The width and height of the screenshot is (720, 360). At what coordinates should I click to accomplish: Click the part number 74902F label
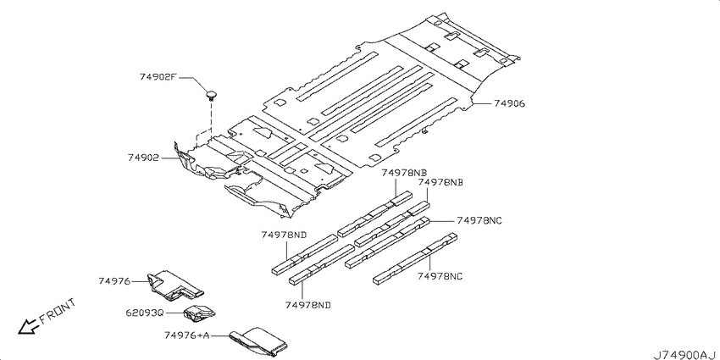pos(158,77)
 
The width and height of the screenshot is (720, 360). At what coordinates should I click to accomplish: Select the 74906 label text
pos(509,104)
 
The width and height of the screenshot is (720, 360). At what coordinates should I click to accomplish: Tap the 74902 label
pos(143,158)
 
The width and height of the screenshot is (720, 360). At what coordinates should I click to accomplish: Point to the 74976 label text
pos(114,281)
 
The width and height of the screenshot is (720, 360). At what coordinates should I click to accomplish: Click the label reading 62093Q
pos(145,313)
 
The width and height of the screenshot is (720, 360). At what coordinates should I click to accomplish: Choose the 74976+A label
pos(187,335)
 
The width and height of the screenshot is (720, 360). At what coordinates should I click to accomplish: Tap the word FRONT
pos(58,311)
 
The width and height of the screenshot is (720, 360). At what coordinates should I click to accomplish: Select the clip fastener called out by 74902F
pos(211,96)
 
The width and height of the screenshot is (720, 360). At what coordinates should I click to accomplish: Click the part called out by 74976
pos(174,285)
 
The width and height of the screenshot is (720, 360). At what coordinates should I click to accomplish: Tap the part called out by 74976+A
pos(258,341)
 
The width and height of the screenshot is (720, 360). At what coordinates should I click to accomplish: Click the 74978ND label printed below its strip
pos(308,305)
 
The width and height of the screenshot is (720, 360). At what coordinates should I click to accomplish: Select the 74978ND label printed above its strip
pos(284,235)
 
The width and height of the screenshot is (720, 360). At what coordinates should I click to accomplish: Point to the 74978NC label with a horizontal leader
pos(479,220)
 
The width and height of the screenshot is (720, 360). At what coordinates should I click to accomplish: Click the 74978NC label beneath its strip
pos(440,276)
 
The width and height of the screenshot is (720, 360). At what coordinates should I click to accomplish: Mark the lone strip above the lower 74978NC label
pos(415,259)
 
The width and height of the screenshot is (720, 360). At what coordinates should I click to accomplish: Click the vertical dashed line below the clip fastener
pos(212,119)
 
